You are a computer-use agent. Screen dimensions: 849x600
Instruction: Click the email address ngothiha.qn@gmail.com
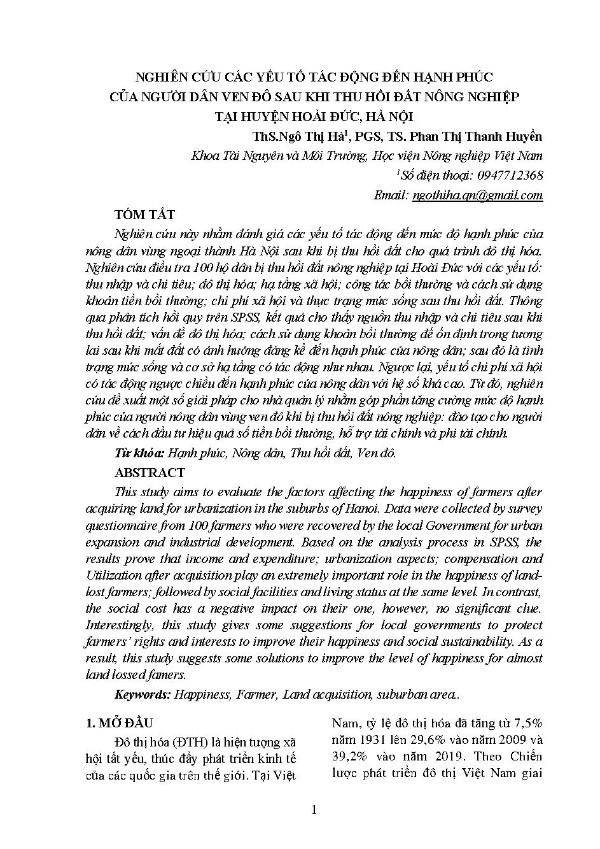coord(477,196)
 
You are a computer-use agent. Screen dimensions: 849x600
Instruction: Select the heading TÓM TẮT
coord(144,215)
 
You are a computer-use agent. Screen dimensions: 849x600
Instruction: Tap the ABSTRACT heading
coord(150,473)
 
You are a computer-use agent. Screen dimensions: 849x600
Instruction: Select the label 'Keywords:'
coord(142,694)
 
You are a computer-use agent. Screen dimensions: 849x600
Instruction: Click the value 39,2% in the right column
coord(349,757)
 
